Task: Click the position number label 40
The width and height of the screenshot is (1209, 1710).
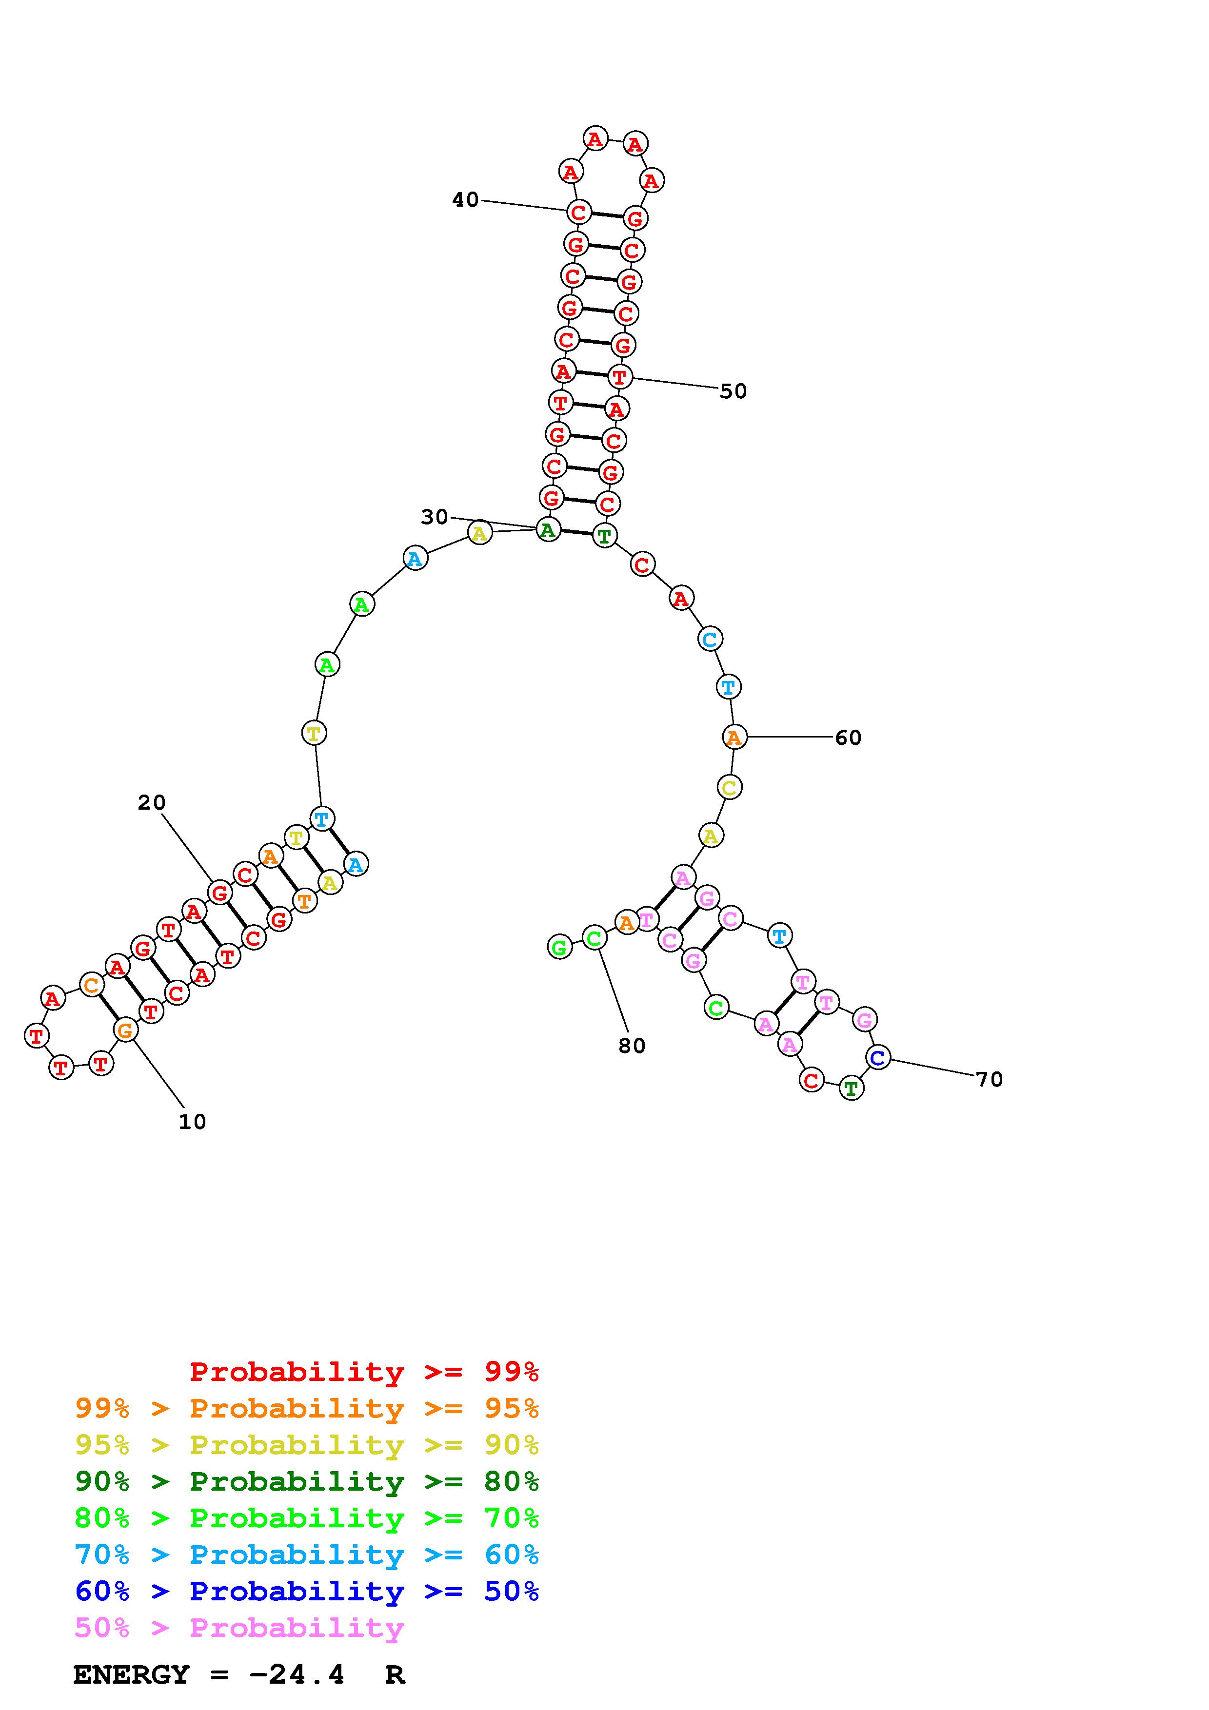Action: (466, 199)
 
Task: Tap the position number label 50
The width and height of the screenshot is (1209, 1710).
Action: (733, 391)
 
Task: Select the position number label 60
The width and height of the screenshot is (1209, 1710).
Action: (848, 738)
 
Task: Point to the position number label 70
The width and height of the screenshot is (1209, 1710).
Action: (989, 1079)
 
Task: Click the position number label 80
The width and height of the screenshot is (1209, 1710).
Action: (632, 1046)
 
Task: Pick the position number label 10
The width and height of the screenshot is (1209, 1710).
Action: (192, 1122)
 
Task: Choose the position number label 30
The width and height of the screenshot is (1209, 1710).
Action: (434, 517)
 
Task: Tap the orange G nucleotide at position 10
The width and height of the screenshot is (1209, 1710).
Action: (125, 1031)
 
